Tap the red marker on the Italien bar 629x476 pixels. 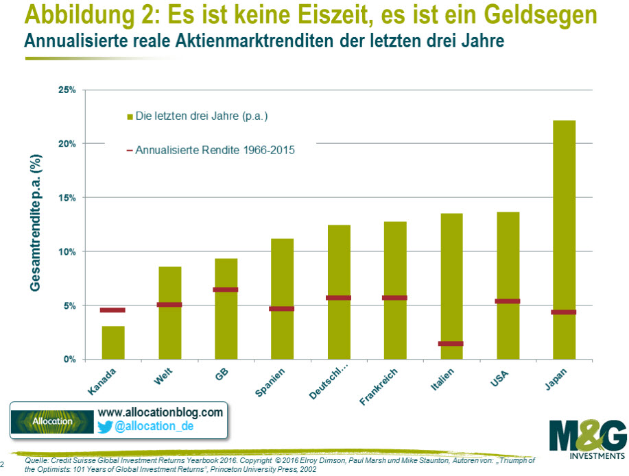(x=451, y=344)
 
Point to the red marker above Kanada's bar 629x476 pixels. (x=113, y=310)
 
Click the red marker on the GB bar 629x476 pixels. (x=226, y=290)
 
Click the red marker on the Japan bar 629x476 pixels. (x=564, y=312)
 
